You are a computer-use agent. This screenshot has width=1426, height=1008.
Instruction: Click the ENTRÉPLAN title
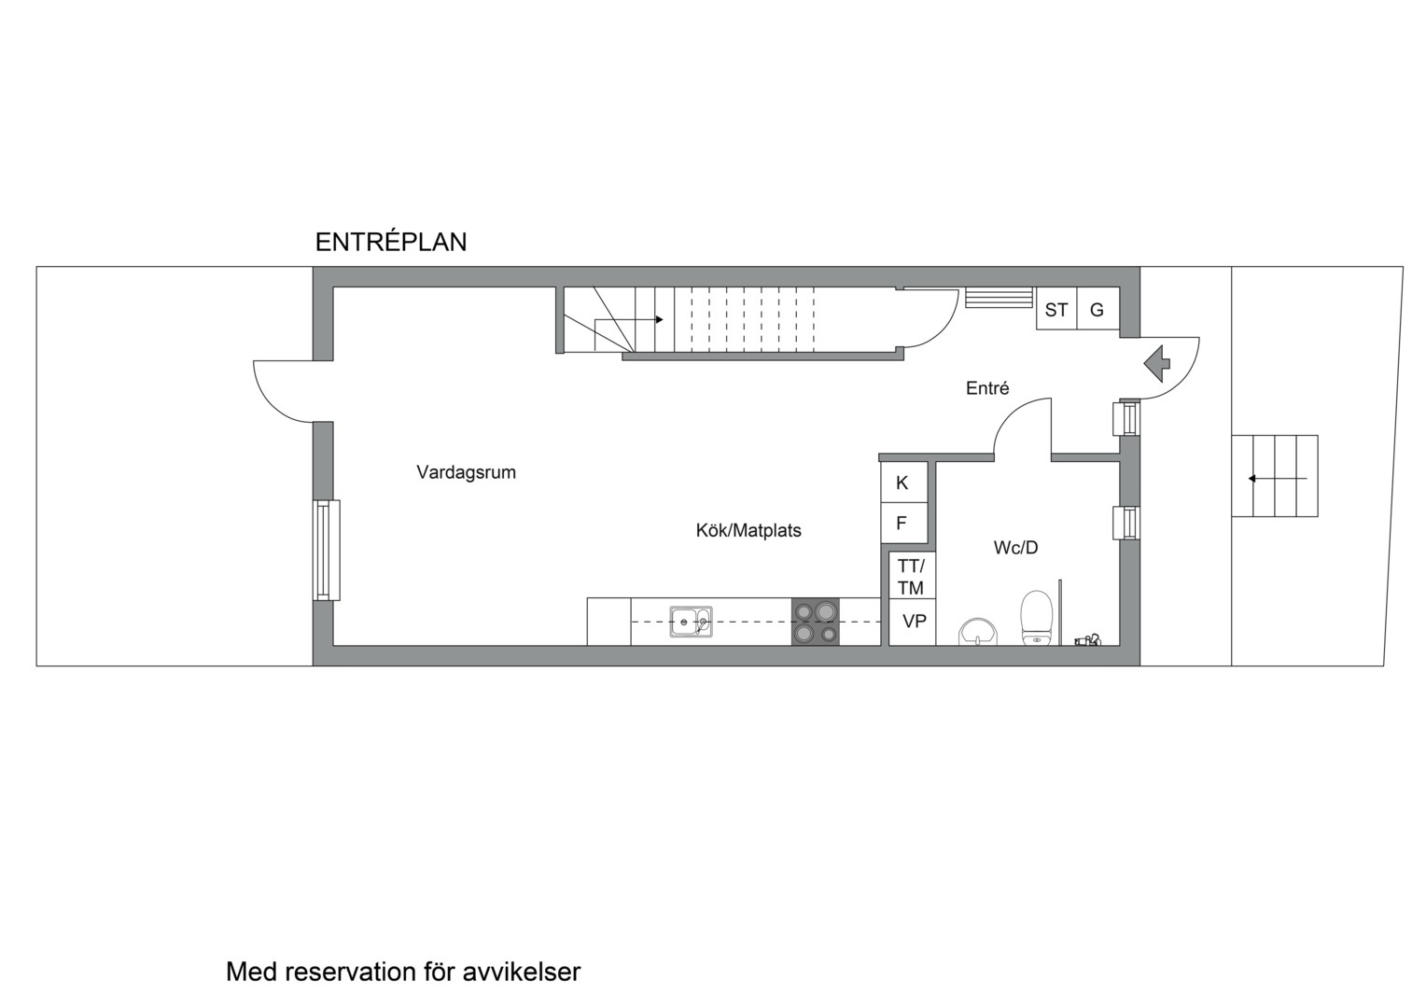tap(391, 242)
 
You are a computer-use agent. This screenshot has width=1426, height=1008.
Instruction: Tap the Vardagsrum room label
tap(466, 472)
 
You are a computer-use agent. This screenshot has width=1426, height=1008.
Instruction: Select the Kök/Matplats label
tap(748, 530)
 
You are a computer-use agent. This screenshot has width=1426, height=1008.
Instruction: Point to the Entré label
tap(987, 387)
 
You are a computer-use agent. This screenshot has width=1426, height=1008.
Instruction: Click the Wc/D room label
tap(1015, 547)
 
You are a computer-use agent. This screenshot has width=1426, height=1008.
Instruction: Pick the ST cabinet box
tap(1056, 309)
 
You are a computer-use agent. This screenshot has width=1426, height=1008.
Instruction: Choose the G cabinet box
tap(1098, 309)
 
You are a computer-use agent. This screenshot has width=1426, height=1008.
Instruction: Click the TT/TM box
tap(912, 576)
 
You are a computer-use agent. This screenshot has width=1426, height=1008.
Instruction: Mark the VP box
tap(912, 623)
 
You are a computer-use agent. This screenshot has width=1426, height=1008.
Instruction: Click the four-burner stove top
tap(816, 622)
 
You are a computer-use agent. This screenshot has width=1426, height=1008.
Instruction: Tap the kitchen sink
tap(691, 622)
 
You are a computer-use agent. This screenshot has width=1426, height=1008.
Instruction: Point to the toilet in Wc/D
tap(1036, 618)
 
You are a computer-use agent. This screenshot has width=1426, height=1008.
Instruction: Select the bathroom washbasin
tap(978, 632)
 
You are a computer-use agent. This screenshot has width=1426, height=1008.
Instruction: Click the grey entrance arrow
tap(1156, 364)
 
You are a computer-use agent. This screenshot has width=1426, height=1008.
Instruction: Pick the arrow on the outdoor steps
tap(1278, 478)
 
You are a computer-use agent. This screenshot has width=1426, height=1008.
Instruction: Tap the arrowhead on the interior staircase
tap(660, 319)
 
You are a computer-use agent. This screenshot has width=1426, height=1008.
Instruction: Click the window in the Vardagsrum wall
tap(326, 550)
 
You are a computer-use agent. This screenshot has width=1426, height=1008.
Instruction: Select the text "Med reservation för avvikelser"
tap(403, 972)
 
